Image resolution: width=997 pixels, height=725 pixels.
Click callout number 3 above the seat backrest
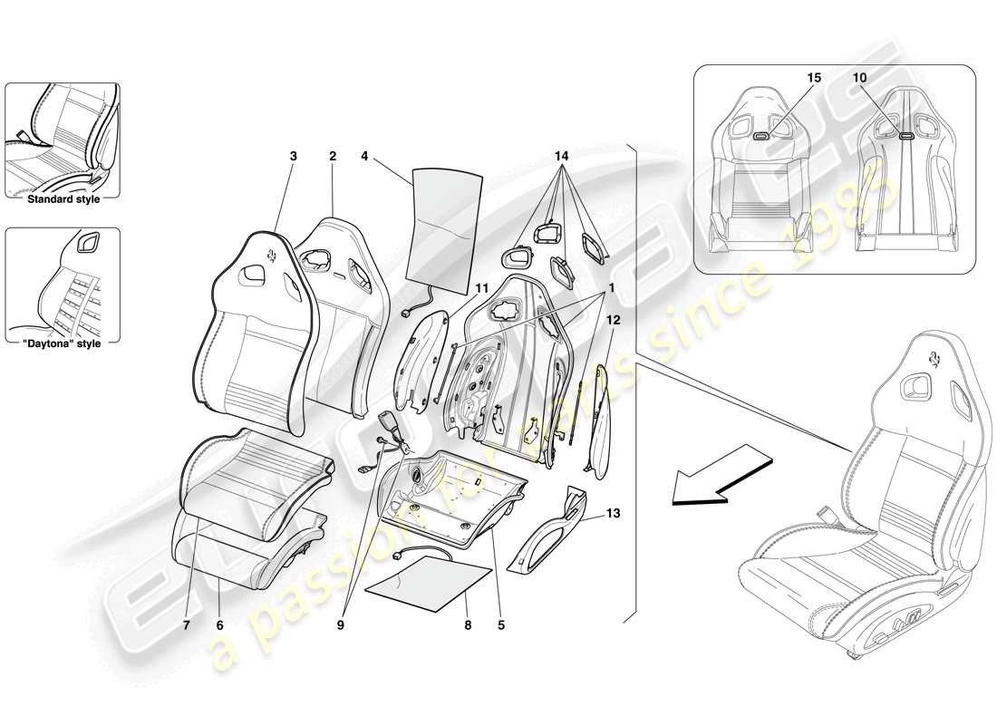pos(293,156)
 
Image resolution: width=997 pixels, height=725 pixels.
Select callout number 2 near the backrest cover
pos(333,156)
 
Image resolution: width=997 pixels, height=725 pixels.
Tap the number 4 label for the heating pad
pos(363,156)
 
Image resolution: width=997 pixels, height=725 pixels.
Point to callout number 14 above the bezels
pos(562,156)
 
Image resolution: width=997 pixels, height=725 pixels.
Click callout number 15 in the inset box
pos(814,79)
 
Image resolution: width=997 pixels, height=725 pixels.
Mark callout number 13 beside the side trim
pos(614,515)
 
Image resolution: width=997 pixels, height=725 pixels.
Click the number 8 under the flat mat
pos(467,624)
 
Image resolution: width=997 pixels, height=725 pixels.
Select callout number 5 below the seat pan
pos(500,624)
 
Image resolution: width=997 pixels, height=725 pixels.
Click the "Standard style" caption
pos(63,198)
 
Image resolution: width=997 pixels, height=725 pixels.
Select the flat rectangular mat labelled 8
pos(428,585)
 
